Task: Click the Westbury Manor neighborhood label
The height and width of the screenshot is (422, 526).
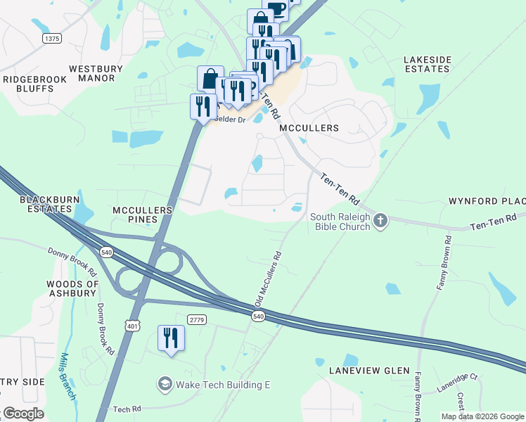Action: point(96,73)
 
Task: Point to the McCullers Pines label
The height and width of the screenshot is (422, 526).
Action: point(143,215)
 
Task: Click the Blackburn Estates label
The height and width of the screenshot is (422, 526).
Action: point(47,204)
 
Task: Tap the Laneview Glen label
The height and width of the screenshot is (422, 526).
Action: point(363,371)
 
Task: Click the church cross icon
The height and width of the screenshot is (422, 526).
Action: point(380,222)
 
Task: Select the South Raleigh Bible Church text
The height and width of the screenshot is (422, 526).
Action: point(335,222)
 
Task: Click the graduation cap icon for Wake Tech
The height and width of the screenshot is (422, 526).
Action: point(165,385)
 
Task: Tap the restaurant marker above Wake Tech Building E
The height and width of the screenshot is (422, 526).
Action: point(171,340)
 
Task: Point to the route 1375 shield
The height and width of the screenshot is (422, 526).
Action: point(51,38)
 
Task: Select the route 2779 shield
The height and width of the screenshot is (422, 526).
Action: point(197,320)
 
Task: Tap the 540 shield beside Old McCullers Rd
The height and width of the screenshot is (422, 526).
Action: point(258,317)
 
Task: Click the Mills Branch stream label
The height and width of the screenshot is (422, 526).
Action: point(68,376)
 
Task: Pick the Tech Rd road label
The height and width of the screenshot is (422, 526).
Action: point(127,409)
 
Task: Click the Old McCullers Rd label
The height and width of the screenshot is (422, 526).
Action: point(268,279)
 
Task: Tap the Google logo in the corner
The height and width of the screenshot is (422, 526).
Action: point(24,414)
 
